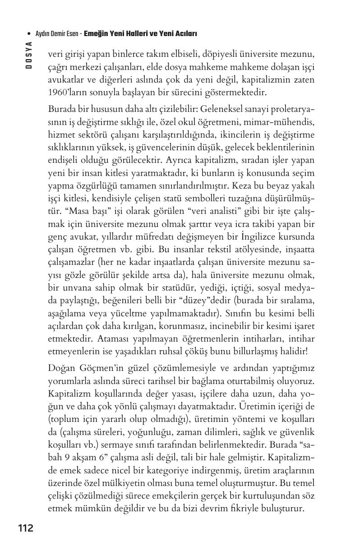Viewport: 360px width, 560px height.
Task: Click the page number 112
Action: click(x=26, y=528)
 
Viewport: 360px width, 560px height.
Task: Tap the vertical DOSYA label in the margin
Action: click(x=28, y=55)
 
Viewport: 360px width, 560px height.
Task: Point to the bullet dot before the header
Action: click(x=29, y=34)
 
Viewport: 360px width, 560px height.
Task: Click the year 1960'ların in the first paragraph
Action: click(x=67, y=93)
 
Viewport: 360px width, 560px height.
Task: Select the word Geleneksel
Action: click(x=222, y=110)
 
